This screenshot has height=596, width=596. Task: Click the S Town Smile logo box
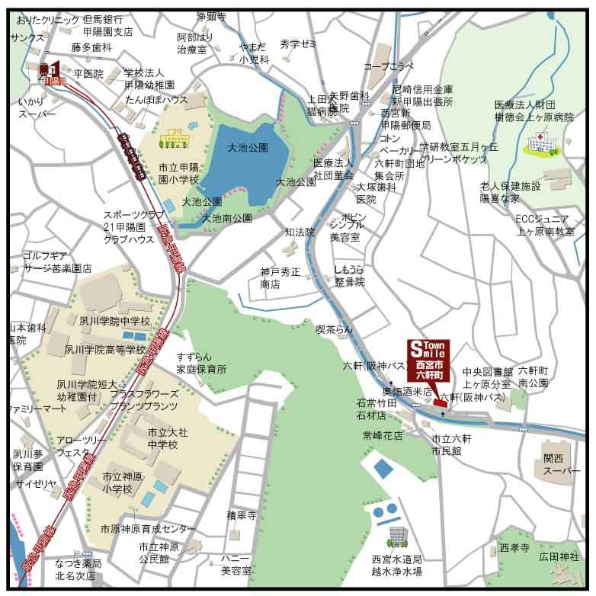(429, 360)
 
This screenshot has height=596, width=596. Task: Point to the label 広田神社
(559, 557)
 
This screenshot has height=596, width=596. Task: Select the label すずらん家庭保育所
(201, 363)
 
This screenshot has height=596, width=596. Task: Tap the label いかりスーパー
(37, 107)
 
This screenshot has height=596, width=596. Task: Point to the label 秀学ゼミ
(298, 44)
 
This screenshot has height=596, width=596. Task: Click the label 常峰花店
(383, 435)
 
